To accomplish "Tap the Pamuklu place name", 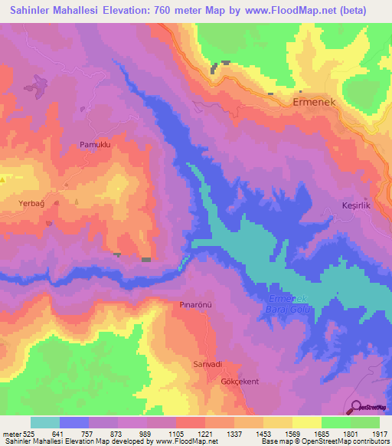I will click(96, 144).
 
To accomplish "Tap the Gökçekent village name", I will click(237, 381).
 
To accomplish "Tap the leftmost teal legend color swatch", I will click(45, 422).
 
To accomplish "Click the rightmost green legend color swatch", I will click(365, 422).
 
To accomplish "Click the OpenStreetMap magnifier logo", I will click(355, 408).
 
